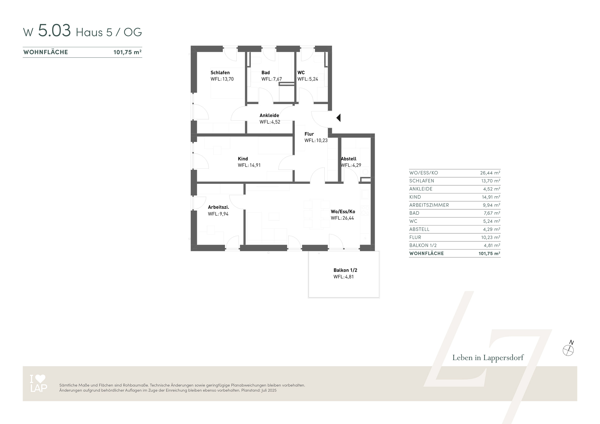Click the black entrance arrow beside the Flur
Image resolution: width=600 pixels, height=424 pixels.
pyautogui.click(x=339, y=118)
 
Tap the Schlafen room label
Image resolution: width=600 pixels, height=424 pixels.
pyautogui.click(x=220, y=73)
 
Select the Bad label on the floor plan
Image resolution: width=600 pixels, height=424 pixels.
pyautogui.click(x=265, y=73)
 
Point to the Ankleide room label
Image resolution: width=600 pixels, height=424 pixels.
pyautogui.click(x=269, y=115)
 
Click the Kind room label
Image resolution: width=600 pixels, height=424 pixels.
pyautogui.click(x=243, y=159)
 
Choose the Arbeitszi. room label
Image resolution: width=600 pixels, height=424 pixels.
pyautogui.click(x=218, y=207)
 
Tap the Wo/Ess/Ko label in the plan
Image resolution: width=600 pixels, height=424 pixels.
pyautogui.click(x=343, y=212)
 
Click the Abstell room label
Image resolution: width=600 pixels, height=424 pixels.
pyautogui.click(x=348, y=159)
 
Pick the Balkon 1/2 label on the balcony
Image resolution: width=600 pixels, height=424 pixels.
pyautogui.click(x=345, y=270)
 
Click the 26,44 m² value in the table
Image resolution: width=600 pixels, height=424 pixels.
pyautogui.click(x=490, y=173)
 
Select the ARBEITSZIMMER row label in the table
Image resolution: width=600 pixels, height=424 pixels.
pyautogui.click(x=429, y=205)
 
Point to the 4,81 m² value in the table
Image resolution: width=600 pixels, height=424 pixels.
pyautogui.click(x=492, y=245)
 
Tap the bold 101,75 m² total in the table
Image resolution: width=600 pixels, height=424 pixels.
pyautogui.click(x=489, y=253)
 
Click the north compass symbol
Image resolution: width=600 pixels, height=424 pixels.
pyautogui.click(x=568, y=350)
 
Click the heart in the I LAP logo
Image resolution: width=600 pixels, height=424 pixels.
pyautogui.click(x=40, y=379)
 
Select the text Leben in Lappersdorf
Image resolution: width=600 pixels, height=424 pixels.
pyautogui.click(x=488, y=358)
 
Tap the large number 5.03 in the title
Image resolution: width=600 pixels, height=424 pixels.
pyautogui.click(x=54, y=31)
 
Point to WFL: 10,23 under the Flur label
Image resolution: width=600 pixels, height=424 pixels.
pyautogui.click(x=316, y=140)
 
